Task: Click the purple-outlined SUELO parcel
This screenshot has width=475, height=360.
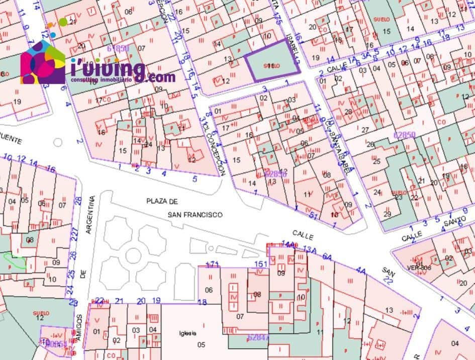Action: pyautogui.click(x=271, y=65)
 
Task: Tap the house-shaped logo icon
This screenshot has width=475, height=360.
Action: pyautogui.click(x=43, y=62)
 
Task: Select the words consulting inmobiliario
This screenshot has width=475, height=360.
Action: pyautogui.click(x=101, y=80)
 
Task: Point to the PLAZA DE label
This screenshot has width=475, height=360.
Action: pyautogui.click(x=162, y=202)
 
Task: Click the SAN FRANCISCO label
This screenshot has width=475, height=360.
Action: pyautogui.click(x=196, y=214)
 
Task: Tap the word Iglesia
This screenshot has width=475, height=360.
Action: pyautogui.click(x=186, y=333)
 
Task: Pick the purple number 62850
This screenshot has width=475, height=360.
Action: pyautogui.click(x=404, y=135)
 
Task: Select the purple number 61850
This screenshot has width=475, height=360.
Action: pyautogui.click(x=119, y=48)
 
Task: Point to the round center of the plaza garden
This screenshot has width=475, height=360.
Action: pyautogui.click(x=133, y=255)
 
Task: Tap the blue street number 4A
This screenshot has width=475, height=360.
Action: pyautogui.click(x=361, y=271)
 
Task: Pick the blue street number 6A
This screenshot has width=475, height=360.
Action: pyautogui.click(x=327, y=256)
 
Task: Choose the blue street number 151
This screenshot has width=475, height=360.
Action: pyautogui.click(x=260, y=264)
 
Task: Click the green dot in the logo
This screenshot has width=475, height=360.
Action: pyautogui.click(x=63, y=22)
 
